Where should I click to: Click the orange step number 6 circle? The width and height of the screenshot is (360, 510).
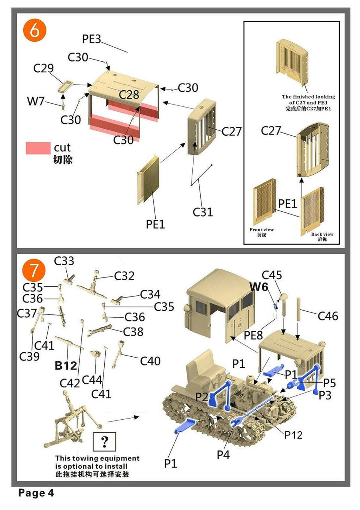point(34,30)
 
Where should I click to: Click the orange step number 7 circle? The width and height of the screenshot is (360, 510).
point(34,270)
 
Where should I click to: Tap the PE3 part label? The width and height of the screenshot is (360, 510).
point(91,39)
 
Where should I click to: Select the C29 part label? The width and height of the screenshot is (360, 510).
point(43,68)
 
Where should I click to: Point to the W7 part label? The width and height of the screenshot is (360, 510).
point(36,101)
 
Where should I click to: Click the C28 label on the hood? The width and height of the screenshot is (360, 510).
point(129,94)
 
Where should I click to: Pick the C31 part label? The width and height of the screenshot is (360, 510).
point(202,212)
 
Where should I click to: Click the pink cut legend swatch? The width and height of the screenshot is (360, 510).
point(38,148)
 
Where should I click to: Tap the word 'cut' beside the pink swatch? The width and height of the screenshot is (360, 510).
point(62,148)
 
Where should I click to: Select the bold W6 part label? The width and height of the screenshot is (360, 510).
point(259,287)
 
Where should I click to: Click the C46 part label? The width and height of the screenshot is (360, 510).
point(328,316)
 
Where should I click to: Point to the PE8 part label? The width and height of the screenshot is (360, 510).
point(253,335)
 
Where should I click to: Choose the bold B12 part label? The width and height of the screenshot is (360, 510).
point(66,365)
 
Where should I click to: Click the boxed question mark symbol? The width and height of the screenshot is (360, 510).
point(104,442)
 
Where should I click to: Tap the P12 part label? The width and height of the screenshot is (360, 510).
point(293,435)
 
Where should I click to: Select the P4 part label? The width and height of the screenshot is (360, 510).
point(223,455)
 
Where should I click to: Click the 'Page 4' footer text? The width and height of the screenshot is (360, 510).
point(36,493)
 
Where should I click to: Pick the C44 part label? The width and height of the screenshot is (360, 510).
point(92,380)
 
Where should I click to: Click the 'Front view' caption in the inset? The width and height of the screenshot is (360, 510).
point(261,230)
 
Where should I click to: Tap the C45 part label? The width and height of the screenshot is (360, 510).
point(271,275)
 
